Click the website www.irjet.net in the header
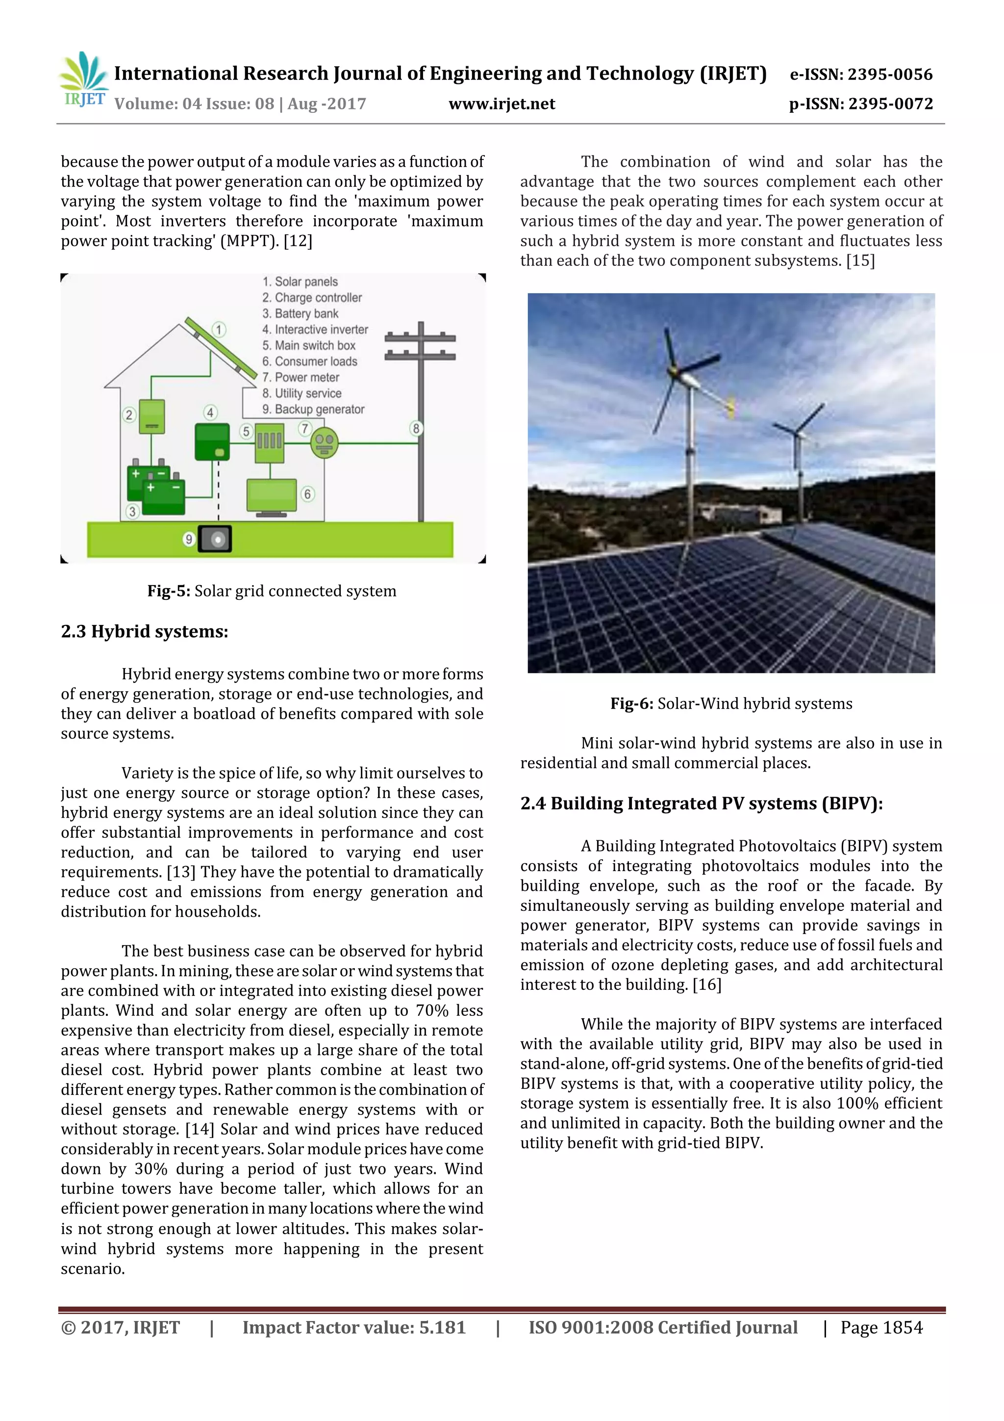[x=502, y=103]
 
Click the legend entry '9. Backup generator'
[x=313, y=409]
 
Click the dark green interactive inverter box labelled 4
[x=212, y=442]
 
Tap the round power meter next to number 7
[x=324, y=442]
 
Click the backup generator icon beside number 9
[x=215, y=539]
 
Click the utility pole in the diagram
[x=421, y=421]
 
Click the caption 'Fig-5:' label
[x=168, y=591]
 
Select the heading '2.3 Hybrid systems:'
[x=144, y=631]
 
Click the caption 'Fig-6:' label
[x=631, y=704]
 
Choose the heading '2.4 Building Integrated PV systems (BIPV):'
[x=701, y=803]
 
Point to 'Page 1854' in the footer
[x=881, y=1327]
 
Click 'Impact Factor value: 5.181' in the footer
[x=354, y=1327]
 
